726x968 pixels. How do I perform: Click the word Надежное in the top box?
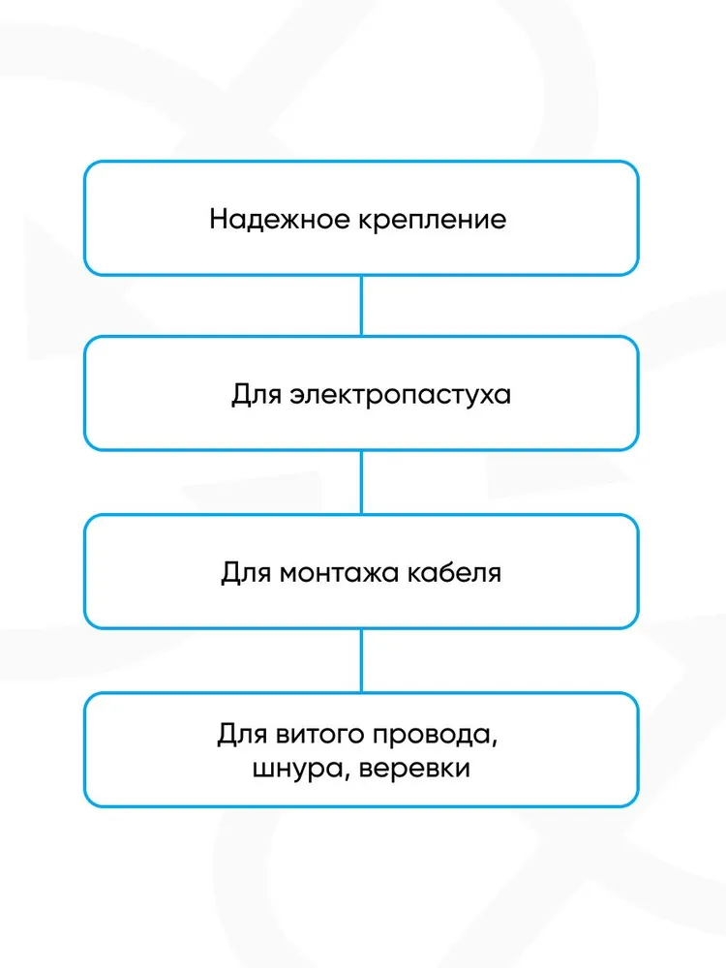[280, 219]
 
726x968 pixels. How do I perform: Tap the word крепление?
[432, 221]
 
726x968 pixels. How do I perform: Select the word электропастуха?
[401, 395]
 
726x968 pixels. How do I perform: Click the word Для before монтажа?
[246, 573]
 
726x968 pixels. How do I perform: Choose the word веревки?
[414, 769]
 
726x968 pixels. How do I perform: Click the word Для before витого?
[242, 735]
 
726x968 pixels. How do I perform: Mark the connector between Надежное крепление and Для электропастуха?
[361, 306]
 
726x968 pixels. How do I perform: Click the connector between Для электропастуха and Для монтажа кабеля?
[361, 482]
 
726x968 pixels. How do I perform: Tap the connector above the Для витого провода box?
[361, 660]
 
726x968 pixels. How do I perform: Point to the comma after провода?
[495, 744]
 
